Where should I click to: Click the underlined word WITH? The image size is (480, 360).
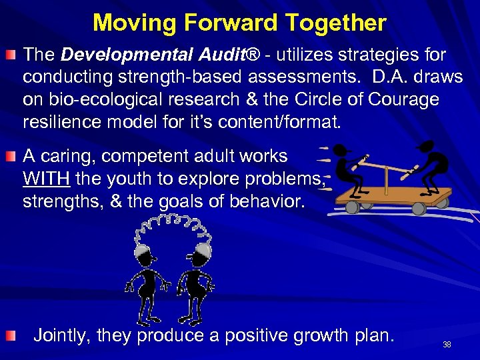pyautogui.click(x=47, y=179)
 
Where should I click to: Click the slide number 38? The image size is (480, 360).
pyautogui.click(x=447, y=345)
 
